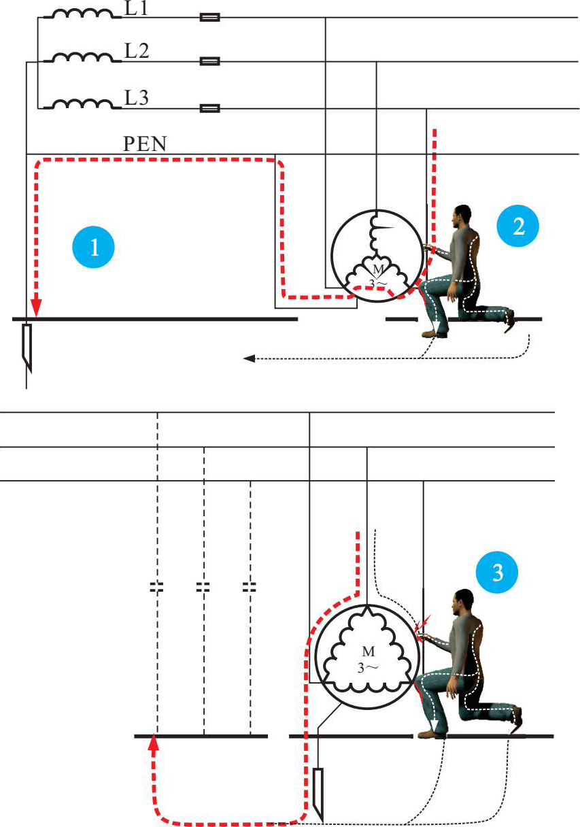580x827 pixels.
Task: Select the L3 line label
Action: pyautogui.click(x=137, y=97)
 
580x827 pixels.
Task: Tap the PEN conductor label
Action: pyautogui.click(x=144, y=144)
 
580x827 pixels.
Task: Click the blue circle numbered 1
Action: pyautogui.click(x=95, y=247)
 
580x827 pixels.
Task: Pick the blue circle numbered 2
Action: pyautogui.click(x=519, y=226)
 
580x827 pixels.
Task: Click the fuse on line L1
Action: pyautogui.click(x=209, y=18)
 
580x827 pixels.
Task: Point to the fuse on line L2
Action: pyautogui.click(x=209, y=61)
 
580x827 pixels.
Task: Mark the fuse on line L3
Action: pyautogui.click(x=209, y=107)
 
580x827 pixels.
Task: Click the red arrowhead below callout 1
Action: pyautogui.click(x=36, y=311)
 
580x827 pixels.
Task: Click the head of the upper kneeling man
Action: pyautogui.click(x=464, y=216)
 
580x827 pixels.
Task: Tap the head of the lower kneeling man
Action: pyautogui.click(x=464, y=601)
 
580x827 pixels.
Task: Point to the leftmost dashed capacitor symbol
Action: pyautogui.click(x=157, y=586)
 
